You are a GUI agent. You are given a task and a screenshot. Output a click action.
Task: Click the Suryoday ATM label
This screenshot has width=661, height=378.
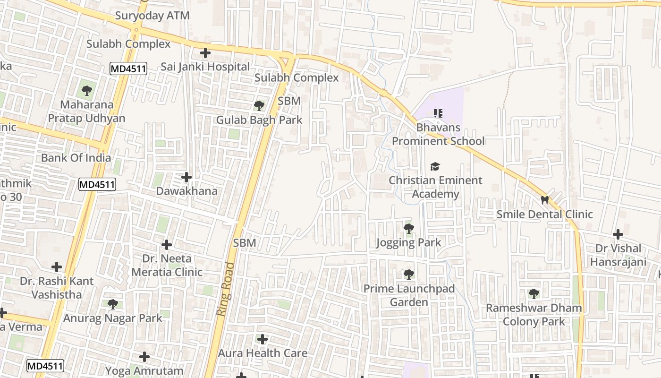(x=153, y=16)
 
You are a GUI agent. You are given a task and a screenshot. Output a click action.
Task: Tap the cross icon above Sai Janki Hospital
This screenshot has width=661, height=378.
(x=205, y=53)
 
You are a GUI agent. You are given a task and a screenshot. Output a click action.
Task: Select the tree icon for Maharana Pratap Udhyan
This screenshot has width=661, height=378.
(x=86, y=90)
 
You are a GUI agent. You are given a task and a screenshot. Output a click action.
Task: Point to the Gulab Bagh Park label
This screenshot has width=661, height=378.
(x=259, y=120)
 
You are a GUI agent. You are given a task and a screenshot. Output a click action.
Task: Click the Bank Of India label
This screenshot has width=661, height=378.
(x=76, y=158)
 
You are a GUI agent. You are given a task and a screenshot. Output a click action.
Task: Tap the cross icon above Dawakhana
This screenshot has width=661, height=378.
(x=186, y=177)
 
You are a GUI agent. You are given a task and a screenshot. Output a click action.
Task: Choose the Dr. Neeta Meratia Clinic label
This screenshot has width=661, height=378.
(x=167, y=265)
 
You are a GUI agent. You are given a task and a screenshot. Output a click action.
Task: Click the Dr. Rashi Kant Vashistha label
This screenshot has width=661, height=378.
(x=57, y=287)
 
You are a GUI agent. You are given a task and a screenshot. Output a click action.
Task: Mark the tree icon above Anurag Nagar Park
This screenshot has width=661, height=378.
(x=112, y=304)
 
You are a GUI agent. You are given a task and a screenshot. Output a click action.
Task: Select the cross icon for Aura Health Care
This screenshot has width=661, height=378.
(x=263, y=339)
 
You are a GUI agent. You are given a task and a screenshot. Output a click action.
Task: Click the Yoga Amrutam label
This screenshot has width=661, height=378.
(x=144, y=371)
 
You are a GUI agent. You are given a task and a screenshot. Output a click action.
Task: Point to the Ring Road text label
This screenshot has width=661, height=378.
(x=226, y=289)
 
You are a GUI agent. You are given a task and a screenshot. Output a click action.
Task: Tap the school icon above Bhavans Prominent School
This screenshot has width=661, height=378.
(x=438, y=113)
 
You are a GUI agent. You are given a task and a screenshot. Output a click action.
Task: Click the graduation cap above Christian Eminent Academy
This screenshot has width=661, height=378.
(x=435, y=166)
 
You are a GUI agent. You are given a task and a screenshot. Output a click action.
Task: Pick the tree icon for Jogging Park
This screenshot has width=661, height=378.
(x=408, y=229)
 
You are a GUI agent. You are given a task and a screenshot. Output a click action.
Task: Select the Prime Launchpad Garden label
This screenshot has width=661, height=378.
(x=409, y=295)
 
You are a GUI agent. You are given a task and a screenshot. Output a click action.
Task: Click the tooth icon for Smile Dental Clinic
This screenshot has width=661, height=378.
(x=544, y=200)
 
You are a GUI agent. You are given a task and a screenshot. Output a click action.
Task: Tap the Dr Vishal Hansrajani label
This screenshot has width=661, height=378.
(x=618, y=255)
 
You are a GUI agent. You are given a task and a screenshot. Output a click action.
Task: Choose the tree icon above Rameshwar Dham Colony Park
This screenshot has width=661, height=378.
(x=534, y=294)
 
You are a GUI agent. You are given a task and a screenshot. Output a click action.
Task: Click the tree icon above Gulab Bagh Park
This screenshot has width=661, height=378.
(x=259, y=105)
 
